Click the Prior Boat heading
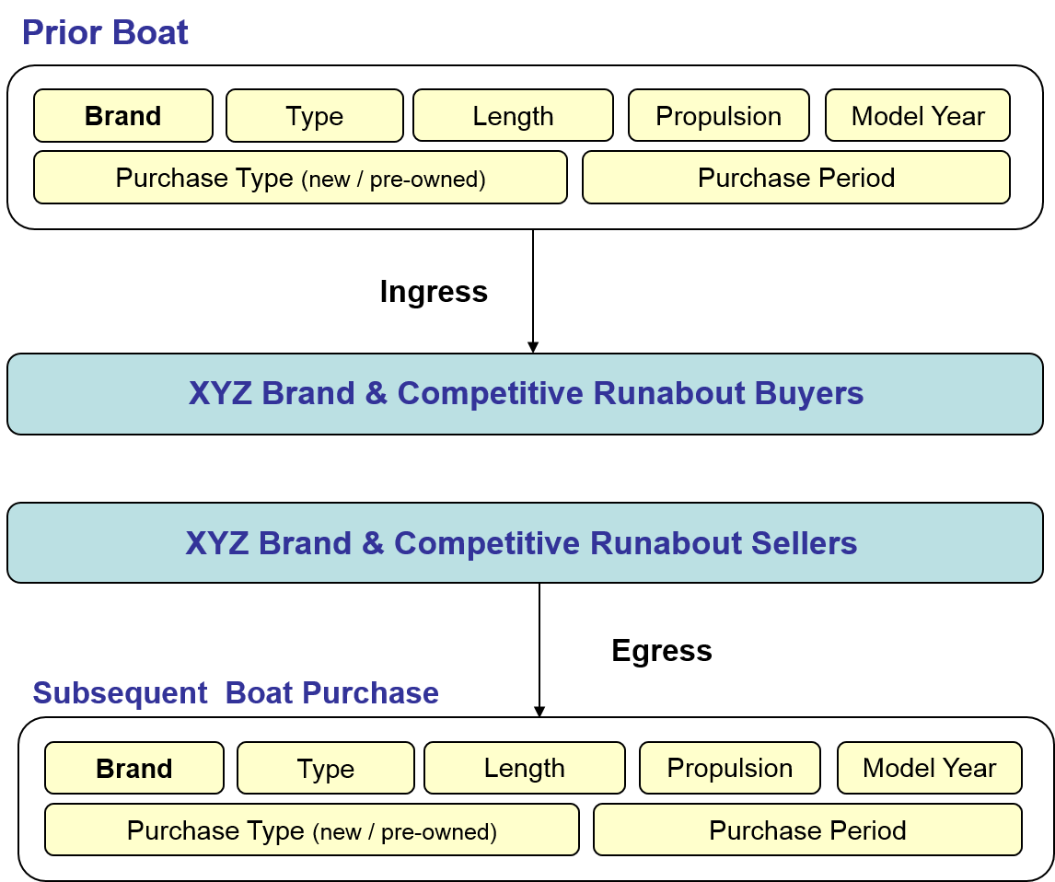click(x=105, y=32)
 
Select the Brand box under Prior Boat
click(x=123, y=116)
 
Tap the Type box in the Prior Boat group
click(x=315, y=116)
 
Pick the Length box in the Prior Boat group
click(x=514, y=116)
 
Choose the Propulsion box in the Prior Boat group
click(x=719, y=116)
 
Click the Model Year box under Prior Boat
click(x=918, y=116)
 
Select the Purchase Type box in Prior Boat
click(x=300, y=178)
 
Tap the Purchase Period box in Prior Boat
click(x=796, y=178)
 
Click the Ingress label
click(x=434, y=291)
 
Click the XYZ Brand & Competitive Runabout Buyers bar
click(x=525, y=393)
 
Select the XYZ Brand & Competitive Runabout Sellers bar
click(x=525, y=543)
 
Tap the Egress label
click(x=662, y=651)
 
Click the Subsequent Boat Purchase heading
click(x=236, y=693)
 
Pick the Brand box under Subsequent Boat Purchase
click(x=134, y=769)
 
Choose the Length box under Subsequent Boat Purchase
click(x=525, y=769)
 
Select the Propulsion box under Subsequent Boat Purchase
click(x=730, y=769)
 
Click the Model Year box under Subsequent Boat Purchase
click(x=930, y=769)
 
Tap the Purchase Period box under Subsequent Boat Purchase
click(x=807, y=830)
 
